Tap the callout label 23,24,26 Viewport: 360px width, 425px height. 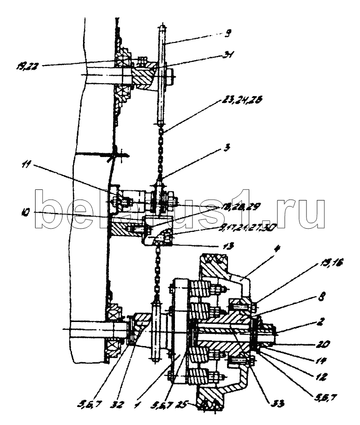pyautogui.click(x=237, y=104)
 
